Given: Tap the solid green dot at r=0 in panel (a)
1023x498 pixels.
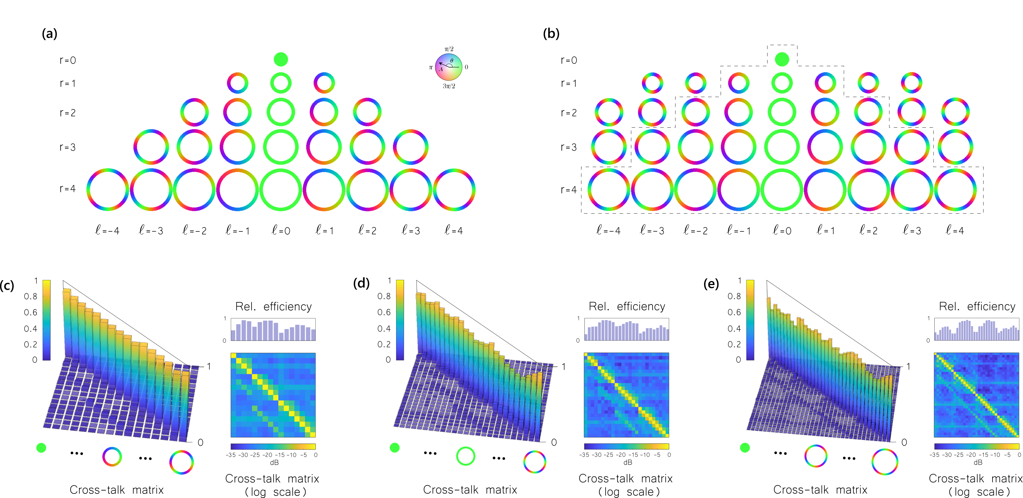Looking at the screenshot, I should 281,60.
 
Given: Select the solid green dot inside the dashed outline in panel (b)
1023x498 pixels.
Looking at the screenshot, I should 782,60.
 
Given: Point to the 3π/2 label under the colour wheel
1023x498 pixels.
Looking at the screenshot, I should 449,86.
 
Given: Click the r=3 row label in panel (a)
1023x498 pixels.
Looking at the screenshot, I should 68,147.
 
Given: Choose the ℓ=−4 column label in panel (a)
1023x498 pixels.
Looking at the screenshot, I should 107,230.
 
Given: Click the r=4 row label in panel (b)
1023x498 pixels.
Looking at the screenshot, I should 569,190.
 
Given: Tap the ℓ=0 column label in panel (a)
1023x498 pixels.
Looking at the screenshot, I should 281,230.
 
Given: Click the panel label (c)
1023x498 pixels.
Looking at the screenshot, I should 7,285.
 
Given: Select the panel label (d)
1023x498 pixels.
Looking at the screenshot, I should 361,283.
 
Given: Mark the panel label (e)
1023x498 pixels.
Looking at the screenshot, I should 711,284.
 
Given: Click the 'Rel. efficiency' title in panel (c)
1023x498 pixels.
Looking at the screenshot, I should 273,306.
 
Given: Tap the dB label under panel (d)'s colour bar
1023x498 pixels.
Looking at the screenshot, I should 627,463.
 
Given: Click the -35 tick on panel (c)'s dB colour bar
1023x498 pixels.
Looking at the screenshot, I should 231,455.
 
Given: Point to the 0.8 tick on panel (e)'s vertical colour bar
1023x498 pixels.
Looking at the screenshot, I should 734,296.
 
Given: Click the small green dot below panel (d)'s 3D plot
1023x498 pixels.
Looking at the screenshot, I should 394,448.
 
